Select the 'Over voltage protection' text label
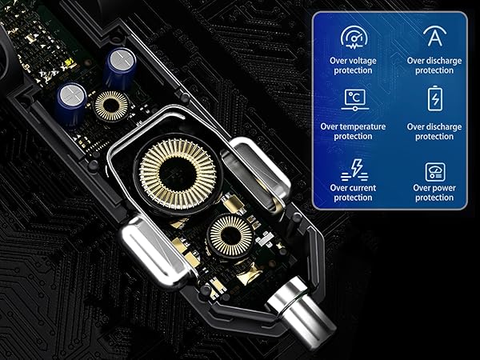352,65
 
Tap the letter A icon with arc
434,37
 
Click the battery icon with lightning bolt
434,100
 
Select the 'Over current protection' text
352,193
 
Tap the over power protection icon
434,170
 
